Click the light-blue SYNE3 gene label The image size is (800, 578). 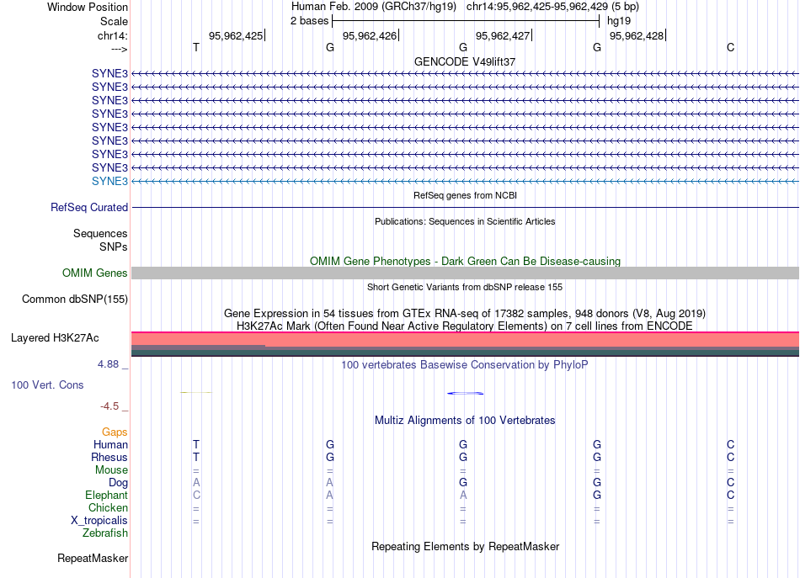109,181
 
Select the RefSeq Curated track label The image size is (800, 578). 89,207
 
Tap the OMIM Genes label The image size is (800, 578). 95,273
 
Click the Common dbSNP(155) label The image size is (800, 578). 75,299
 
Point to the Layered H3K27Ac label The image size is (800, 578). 55,338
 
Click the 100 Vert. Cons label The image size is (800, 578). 46,384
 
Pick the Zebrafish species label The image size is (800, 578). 105,533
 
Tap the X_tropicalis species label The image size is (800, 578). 99,520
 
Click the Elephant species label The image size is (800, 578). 106,496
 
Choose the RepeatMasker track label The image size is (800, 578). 93,559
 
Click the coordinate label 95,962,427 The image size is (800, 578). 503,35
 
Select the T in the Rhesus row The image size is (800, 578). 196,457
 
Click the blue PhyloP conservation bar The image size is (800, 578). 465,393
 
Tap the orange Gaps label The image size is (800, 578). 115,432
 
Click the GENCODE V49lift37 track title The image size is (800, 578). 465,61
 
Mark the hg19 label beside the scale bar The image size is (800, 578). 618,20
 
